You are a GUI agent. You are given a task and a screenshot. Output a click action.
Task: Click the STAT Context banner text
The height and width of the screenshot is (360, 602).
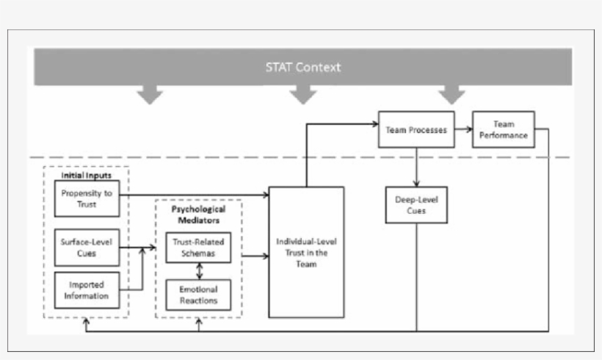pos(302,68)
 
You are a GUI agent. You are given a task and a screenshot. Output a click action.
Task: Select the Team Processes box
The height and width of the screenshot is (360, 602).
pos(416,130)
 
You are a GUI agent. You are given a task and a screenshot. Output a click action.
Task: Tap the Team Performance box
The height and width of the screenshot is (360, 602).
pos(503,130)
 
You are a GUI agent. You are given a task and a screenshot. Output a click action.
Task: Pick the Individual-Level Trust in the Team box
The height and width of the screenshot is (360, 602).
pos(306,252)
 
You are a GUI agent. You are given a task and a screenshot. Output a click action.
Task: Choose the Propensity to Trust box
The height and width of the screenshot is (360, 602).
pos(87,198)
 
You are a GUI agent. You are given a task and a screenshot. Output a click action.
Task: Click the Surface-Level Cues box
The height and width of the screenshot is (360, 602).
pos(87,248)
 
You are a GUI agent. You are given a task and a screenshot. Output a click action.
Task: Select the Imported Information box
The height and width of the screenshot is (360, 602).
pos(87,290)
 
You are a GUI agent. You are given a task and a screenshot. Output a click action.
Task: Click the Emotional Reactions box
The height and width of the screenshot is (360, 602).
pos(198,294)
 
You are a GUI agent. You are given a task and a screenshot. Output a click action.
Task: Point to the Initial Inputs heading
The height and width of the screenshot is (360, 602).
pos(86,176)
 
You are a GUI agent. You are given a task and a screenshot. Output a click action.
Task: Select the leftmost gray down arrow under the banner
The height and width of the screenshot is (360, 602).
pos(150,95)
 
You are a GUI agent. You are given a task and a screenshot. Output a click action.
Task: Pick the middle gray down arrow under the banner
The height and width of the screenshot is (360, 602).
pos(302,95)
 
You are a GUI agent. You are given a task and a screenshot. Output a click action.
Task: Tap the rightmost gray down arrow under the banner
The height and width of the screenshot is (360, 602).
pos(452,95)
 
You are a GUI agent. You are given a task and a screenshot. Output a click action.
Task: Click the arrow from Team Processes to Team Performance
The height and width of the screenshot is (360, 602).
pos(463,130)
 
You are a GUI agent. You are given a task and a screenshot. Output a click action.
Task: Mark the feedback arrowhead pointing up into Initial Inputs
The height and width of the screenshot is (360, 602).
pos(87,322)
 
